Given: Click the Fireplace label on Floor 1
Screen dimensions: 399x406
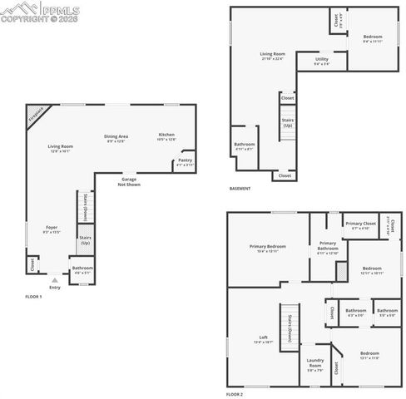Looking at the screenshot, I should (x=35, y=116).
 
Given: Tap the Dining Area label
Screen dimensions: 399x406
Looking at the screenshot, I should (x=116, y=138).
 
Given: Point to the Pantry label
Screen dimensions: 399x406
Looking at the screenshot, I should (x=185, y=162).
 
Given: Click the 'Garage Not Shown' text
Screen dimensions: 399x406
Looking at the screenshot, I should (x=129, y=181).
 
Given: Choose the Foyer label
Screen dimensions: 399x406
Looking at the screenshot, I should (x=52, y=229).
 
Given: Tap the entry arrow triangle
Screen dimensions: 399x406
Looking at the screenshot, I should (x=55, y=280).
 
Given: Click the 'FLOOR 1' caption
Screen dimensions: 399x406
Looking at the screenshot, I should (x=33, y=295).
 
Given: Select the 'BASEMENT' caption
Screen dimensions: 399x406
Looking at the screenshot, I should (x=240, y=188).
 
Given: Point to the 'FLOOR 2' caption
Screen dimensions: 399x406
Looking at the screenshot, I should (x=235, y=393).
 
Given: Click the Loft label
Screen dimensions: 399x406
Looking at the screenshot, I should (x=264, y=339).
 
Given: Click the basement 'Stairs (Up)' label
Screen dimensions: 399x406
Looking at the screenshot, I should (x=288, y=123).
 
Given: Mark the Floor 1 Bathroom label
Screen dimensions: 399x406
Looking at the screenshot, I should (x=82, y=269).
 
